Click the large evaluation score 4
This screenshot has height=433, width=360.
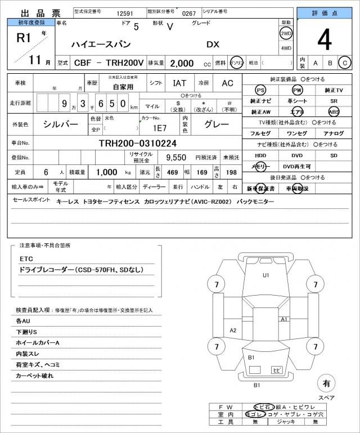point(324,39)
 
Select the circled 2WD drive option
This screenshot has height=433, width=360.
point(286,33)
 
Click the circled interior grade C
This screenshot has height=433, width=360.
point(344,63)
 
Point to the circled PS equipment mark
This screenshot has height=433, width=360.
point(260,91)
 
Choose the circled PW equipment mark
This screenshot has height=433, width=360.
point(297,91)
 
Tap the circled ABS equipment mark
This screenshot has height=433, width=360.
point(334,111)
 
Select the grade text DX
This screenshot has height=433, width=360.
point(213,44)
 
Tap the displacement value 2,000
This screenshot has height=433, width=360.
point(182,63)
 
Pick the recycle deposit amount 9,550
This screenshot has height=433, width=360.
point(175,157)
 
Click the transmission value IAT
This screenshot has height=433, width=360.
point(179,83)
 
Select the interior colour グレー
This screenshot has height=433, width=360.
point(217,124)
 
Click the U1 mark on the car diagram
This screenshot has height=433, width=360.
point(265,275)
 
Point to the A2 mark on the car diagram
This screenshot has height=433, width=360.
point(233,330)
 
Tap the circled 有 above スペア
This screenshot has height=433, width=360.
point(326,383)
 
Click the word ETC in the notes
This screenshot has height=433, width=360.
point(26,258)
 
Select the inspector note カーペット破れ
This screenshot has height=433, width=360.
point(35,375)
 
